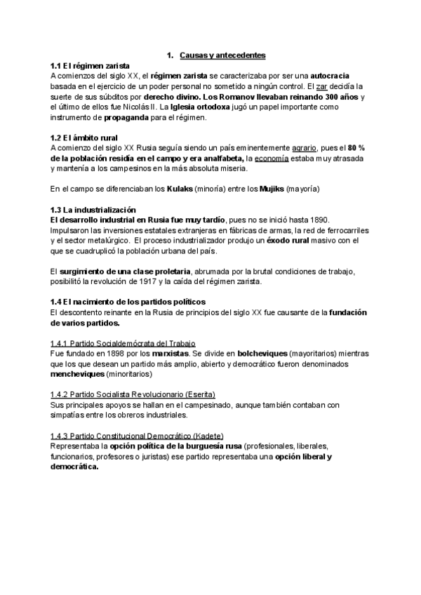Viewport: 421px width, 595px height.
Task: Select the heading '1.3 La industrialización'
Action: pyautogui.click(x=93, y=210)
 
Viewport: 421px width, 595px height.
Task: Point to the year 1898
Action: pyautogui.click(x=101, y=354)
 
